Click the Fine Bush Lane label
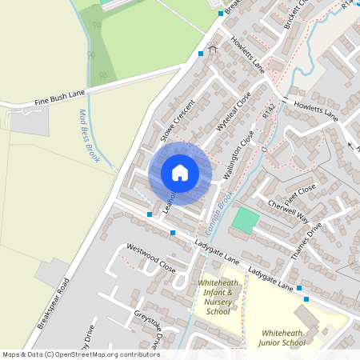59,100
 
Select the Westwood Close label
150,258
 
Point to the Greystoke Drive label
147,327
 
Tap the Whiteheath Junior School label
283,338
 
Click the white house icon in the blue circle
180,172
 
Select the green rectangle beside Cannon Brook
246,221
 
